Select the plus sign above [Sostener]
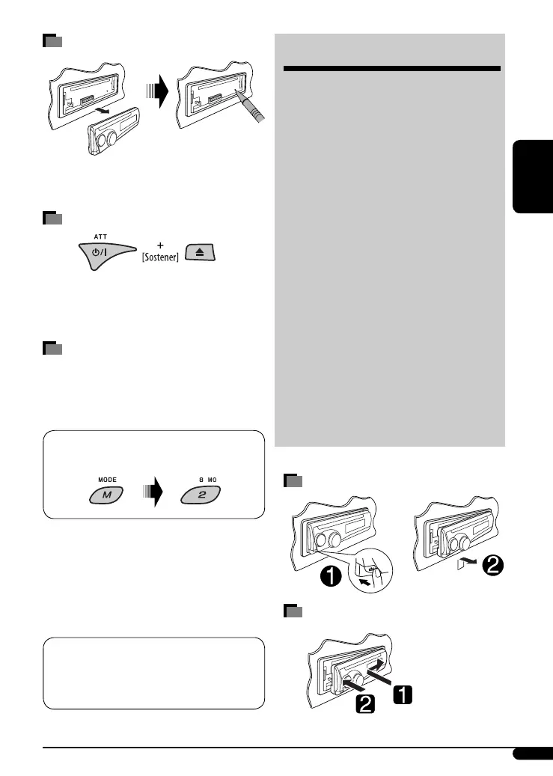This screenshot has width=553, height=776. click(159, 245)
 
